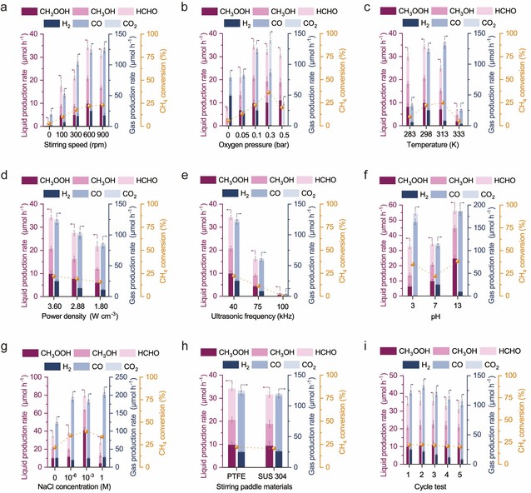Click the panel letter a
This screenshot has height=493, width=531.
6,7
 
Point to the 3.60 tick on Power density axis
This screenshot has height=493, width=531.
55,306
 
